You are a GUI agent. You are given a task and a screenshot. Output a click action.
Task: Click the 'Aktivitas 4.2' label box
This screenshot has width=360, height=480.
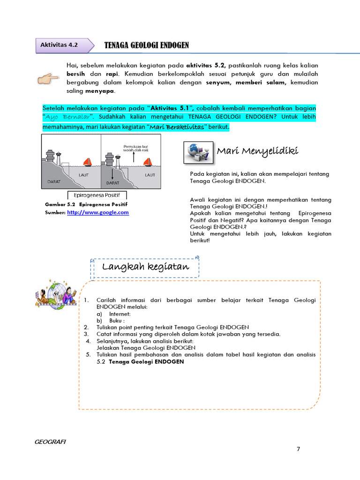[x=59, y=45]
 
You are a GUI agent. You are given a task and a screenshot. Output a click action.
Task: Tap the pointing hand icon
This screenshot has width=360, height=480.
[x=49, y=77]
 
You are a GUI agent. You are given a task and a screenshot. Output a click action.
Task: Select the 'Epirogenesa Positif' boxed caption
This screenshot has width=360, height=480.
[x=97, y=195]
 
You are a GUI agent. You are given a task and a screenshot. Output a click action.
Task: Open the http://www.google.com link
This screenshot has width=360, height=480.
[x=97, y=212]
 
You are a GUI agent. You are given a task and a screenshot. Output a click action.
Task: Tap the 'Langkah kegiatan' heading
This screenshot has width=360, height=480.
[x=145, y=267]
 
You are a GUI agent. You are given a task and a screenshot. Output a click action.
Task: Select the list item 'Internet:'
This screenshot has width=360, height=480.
[x=120, y=314]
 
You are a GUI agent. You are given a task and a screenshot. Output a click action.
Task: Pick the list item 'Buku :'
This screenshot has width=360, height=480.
[x=118, y=320]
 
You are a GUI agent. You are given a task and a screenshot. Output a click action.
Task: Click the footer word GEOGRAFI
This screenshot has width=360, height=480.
[x=51, y=442]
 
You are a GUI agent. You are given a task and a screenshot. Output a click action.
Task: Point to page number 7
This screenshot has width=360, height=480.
[x=298, y=449]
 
